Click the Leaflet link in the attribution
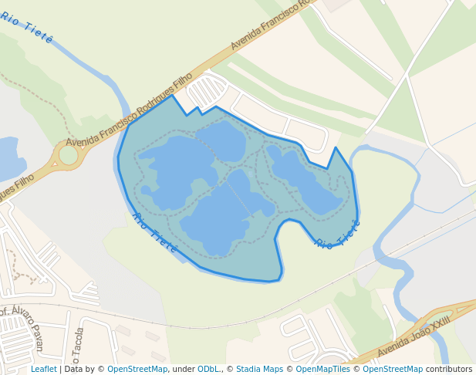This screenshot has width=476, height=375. pos(43,370)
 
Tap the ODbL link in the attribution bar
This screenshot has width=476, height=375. pos(209,370)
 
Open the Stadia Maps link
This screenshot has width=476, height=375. pos(259,370)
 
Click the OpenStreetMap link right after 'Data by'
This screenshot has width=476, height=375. pos(137,370)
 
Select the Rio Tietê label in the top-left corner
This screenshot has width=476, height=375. pos(26,28)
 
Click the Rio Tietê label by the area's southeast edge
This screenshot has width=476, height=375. pos(338,235)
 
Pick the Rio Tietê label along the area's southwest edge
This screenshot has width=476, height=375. pos(155,233)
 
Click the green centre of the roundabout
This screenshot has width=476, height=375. pos(68,155)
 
